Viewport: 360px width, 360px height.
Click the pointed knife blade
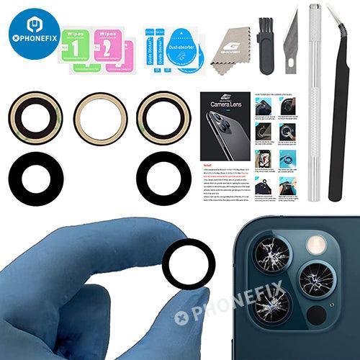(291, 40)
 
